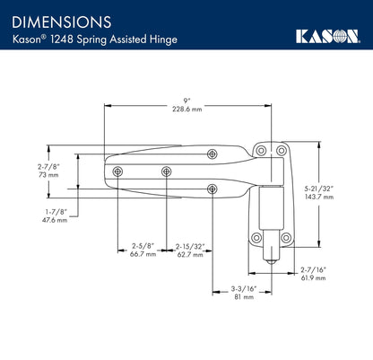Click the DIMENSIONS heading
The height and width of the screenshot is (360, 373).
(62, 19)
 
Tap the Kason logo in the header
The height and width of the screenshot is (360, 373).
(327, 36)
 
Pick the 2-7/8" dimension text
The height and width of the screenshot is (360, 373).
(48, 167)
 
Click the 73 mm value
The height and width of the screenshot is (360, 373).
(48, 176)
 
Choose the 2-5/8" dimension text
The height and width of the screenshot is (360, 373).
(143, 245)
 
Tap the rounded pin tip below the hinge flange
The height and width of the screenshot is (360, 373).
(266, 257)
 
